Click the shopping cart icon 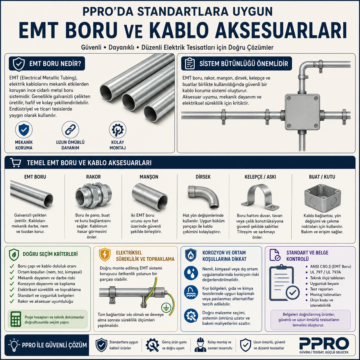click(x=16, y=162)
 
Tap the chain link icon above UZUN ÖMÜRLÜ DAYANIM click(x=70, y=130)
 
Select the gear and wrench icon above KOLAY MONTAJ click(x=117, y=130)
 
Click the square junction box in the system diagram click(x=302, y=112)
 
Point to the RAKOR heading click(x=93, y=177)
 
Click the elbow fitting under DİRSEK click(x=203, y=197)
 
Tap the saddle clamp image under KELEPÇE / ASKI click(x=260, y=197)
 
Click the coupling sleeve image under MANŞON click(x=150, y=197)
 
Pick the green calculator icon click(x=16, y=319)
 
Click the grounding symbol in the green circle click(x=166, y=308)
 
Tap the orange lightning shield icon click(x=104, y=254)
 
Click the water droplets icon click(x=191, y=273)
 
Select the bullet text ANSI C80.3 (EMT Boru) click(x=330, y=267)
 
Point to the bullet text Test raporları click(x=322, y=289)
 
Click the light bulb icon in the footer click(x=14, y=345)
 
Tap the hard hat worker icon click(x=200, y=345)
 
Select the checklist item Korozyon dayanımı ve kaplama click(x=46, y=284)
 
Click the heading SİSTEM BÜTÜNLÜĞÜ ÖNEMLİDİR click(x=244, y=64)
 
